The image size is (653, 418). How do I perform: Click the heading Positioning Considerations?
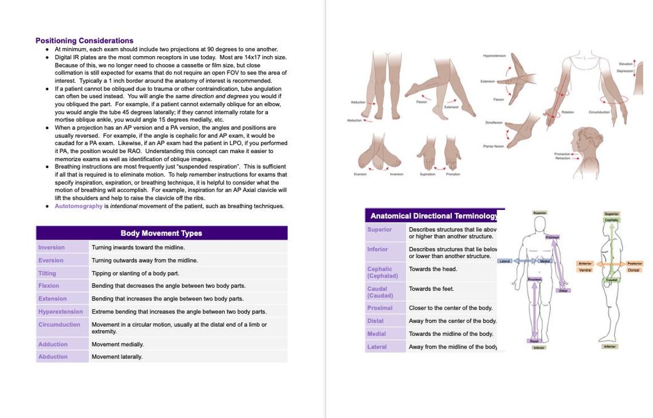(84, 41)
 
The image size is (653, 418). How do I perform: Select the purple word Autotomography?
(78, 206)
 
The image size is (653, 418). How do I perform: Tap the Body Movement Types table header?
(161, 233)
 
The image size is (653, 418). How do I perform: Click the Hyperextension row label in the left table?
(60, 311)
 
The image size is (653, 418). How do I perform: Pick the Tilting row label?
(47, 273)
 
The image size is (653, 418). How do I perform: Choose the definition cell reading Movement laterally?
(117, 357)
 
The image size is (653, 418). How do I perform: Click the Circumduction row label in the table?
(59, 325)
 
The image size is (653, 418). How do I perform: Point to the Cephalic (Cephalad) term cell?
(382, 272)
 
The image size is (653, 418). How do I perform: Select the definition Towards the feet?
(431, 289)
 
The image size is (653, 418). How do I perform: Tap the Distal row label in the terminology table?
(375, 321)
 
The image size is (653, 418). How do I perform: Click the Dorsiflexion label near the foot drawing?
(494, 123)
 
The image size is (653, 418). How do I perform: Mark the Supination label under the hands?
(427, 174)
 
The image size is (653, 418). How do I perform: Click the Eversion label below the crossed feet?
(360, 174)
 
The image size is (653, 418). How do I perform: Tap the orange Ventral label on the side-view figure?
(585, 270)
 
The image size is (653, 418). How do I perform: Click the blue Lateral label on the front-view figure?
(505, 261)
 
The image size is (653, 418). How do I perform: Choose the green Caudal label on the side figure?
(611, 279)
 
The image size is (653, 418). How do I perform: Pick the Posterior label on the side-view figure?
(634, 263)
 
